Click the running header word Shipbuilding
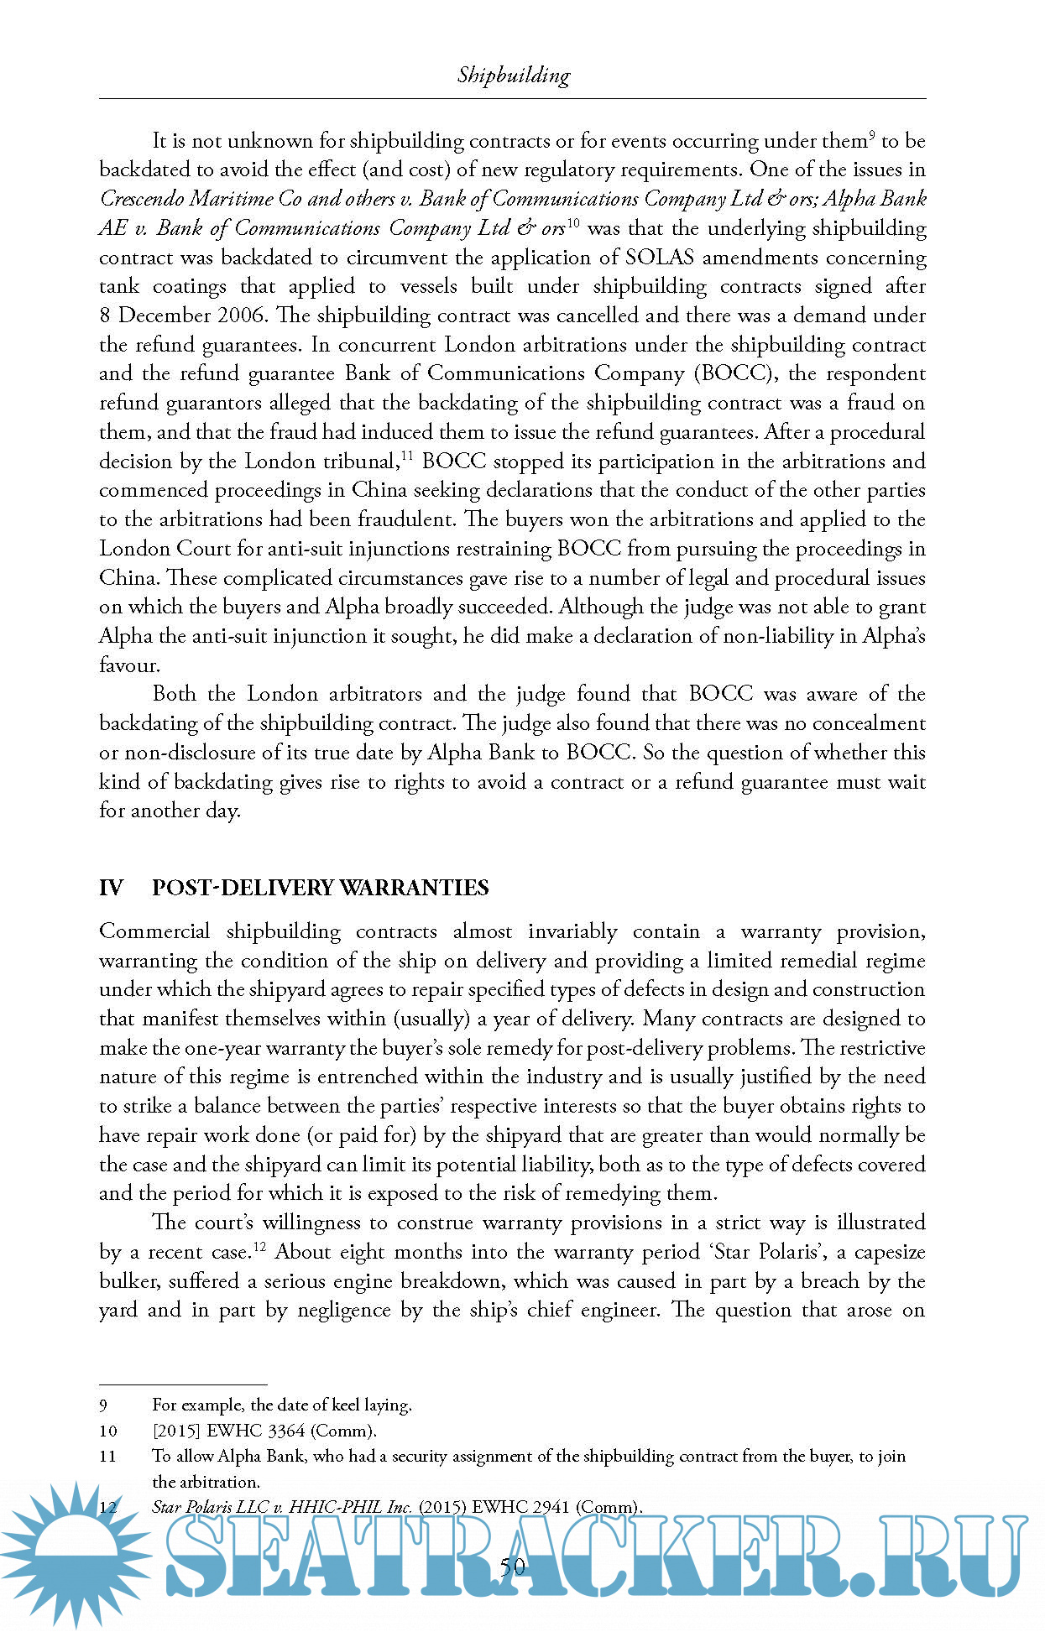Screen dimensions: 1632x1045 tap(513, 76)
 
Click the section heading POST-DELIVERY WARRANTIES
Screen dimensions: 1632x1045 tap(320, 888)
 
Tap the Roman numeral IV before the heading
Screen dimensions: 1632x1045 tap(111, 888)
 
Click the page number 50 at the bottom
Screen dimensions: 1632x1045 tap(512, 1566)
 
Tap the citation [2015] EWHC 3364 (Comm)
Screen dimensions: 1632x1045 tap(264, 1431)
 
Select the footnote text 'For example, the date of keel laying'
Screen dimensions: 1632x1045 tap(281, 1405)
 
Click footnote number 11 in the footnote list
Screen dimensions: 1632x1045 tap(107, 1456)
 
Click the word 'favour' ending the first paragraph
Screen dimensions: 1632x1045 tap(128, 665)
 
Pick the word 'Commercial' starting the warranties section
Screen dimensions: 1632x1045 tap(154, 931)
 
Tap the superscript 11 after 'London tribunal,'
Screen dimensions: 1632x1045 tap(407, 456)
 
